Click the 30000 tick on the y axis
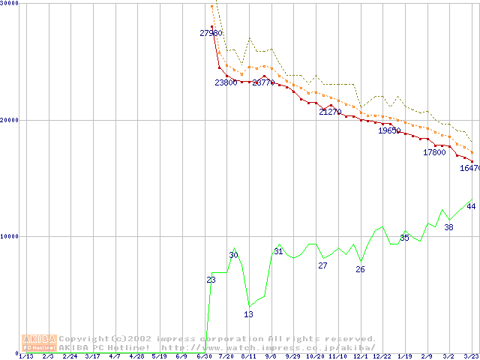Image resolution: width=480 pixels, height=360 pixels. click(10, 4)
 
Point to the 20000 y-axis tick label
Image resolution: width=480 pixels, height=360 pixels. click(10, 120)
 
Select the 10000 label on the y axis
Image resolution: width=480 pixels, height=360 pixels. click(10, 236)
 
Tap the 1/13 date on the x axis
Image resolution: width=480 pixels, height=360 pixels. click(25, 356)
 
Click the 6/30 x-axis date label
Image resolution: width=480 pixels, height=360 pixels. click(204, 356)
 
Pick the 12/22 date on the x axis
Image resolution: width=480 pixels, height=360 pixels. click(382, 356)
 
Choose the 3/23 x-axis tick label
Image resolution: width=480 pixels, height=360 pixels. click(471, 356)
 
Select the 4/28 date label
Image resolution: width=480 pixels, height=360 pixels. click(137, 356)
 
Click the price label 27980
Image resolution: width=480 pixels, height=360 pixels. click(211, 33)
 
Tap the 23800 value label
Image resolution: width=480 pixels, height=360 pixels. click(226, 82)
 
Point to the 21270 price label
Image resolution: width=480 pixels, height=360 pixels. click(330, 112)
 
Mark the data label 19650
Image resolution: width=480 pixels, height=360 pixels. click(389, 130)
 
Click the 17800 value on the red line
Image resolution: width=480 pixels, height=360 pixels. click(434, 152)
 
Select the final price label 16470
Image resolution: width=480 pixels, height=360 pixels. click(469, 169)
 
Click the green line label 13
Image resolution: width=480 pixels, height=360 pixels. click(249, 314)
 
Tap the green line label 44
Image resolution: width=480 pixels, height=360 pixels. click(471, 207)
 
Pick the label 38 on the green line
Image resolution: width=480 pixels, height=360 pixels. click(449, 227)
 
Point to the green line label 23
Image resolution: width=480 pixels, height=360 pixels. click(211, 280)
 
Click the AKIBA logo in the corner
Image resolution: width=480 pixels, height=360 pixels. click(40, 342)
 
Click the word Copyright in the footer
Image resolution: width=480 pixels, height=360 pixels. click(83, 339)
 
